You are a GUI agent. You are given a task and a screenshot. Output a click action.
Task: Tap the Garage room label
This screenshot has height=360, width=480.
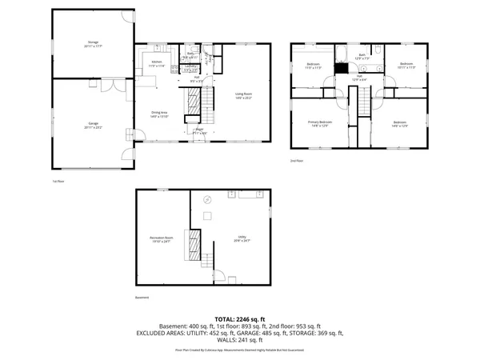point(94,125)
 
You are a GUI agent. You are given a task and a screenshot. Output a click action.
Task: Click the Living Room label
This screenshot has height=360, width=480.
point(244,95)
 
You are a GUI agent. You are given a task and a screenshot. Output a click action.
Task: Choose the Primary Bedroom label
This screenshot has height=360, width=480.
point(319,124)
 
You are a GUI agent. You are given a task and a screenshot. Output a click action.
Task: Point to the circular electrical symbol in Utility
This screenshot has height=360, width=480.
point(207,199)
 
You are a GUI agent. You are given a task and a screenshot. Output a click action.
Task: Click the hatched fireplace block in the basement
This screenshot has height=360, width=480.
point(192,241)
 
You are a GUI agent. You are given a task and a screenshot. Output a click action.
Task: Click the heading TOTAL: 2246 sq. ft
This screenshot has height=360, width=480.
point(239,318)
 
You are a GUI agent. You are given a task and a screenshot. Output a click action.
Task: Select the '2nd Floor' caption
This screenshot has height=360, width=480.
point(298,161)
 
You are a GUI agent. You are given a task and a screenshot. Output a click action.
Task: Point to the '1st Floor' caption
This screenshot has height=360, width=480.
point(57,182)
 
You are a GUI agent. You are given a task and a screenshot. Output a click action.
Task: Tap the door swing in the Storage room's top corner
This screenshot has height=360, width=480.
point(125,17)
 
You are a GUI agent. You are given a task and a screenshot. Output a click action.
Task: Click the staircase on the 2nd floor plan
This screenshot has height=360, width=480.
point(362,101)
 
